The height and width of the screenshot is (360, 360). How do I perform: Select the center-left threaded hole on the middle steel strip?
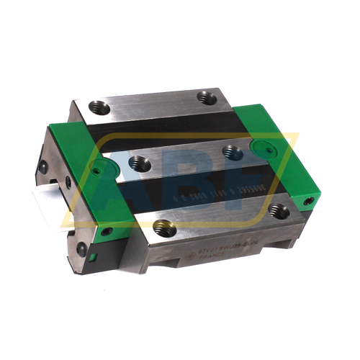point(141,165)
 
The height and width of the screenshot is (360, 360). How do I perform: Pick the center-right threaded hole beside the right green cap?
point(232,151)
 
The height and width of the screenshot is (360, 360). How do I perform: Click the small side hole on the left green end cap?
point(107,231)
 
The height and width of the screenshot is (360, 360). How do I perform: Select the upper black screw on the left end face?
point(45,166)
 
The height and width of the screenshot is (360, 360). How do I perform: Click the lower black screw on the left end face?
point(81,248)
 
